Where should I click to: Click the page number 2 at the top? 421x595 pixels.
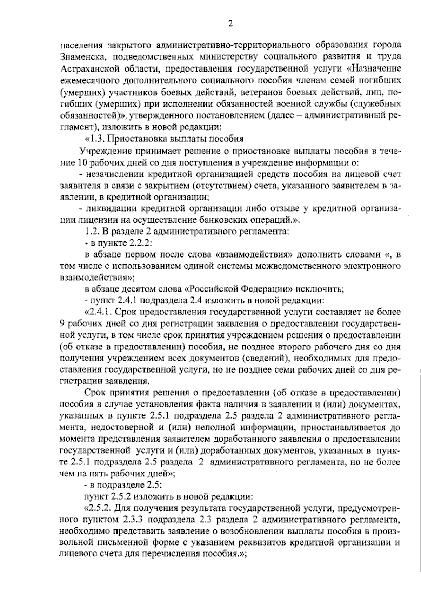click(x=230, y=24)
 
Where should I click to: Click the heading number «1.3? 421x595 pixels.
click(x=94, y=138)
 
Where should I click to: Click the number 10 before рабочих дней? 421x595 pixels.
click(x=80, y=163)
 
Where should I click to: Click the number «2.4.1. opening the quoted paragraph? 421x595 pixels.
click(x=98, y=311)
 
